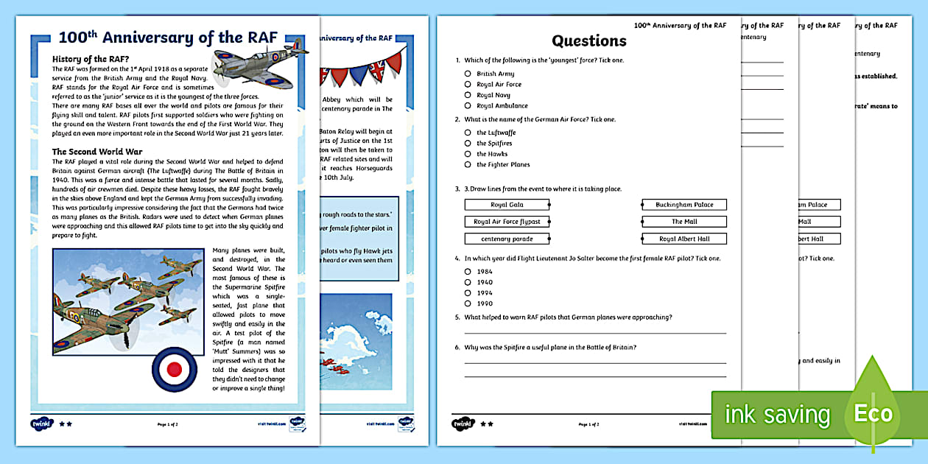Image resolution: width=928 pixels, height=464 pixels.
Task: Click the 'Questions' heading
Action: click(x=588, y=41)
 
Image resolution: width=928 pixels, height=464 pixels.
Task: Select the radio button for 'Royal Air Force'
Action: click(x=468, y=84)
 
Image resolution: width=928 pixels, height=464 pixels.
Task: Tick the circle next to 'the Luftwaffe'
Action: click(x=468, y=133)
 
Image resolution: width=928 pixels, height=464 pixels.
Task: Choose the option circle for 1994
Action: click(x=468, y=292)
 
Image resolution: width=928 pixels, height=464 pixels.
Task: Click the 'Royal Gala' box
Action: click(x=507, y=205)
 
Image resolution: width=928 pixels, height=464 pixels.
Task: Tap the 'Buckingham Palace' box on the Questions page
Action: click(x=684, y=205)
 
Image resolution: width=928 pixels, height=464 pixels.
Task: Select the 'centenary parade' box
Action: click(x=507, y=239)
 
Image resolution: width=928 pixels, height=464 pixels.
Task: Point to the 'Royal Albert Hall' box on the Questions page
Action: click(x=684, y=239)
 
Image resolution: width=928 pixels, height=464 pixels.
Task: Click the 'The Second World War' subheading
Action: click(x=97, y=152)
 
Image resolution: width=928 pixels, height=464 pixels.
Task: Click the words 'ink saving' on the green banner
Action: click(x=777, y=415)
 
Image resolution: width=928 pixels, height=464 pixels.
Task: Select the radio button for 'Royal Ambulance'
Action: click(x=468, y=105)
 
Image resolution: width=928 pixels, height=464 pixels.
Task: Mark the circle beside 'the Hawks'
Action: click(x=468, y=154)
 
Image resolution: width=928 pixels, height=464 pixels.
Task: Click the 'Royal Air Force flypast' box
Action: click(x=507, y=222)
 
